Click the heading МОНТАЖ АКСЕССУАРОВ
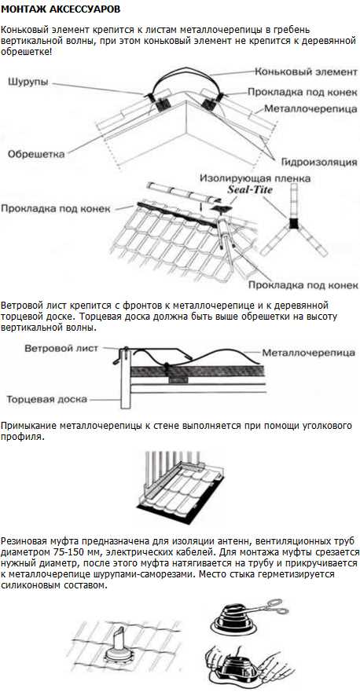[61, 9]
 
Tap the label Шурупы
[28, 82]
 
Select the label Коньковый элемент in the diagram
[307, 72]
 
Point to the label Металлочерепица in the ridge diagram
[311, 108]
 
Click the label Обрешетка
[36, 154]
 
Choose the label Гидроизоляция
[319, 162]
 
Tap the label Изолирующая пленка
[255, 178]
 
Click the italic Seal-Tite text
[249, 189]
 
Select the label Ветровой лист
[61, 349]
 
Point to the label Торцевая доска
[46, 399]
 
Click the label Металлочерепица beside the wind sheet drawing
[308, 353]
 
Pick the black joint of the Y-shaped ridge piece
[293, 222]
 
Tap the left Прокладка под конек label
[56, 209]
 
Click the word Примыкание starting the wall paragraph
[27, 426]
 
